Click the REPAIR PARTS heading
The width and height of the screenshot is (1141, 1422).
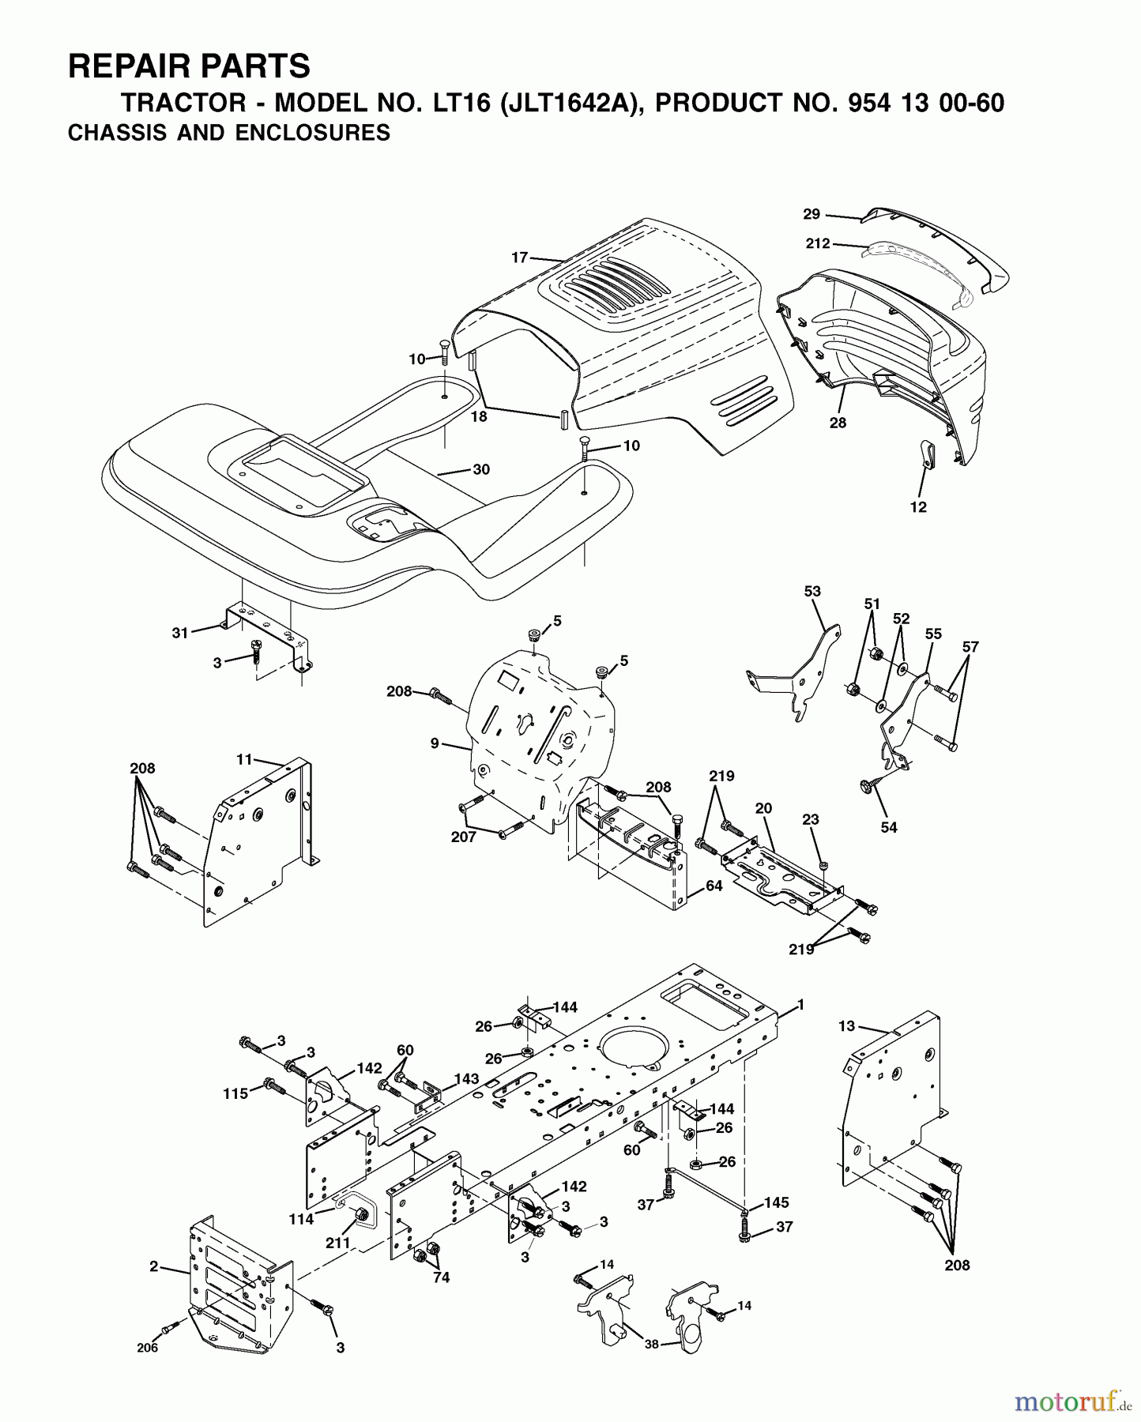(x=189, y=66)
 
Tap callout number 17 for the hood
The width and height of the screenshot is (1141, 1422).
(x=519, y=257)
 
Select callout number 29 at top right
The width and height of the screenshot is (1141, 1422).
(x=812, y=214)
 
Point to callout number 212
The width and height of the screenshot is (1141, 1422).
(x=818, y=243)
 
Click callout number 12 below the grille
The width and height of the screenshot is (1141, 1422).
(x=918, y=507)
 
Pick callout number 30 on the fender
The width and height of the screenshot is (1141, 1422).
(x=481, y=469)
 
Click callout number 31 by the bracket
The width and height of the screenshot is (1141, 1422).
(x=180, y=633)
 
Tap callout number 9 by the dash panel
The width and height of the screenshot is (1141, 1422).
(x=435, y=743)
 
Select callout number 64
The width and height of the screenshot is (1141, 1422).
(x=714, y=886)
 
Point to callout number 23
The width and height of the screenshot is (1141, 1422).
(x=811, y=821)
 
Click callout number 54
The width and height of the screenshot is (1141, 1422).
(x=889, y=827)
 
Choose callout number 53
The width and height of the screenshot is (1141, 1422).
(x=812, y=591)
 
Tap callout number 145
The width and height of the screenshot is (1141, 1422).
(x=777, y=1202)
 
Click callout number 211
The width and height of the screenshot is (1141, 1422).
(x=338, y=1243)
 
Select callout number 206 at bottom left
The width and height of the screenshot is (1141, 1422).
(x=147, y=1348)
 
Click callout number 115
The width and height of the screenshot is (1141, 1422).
(x=235, y=1094)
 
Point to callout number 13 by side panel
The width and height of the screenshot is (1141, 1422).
(x=847, y=1025)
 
